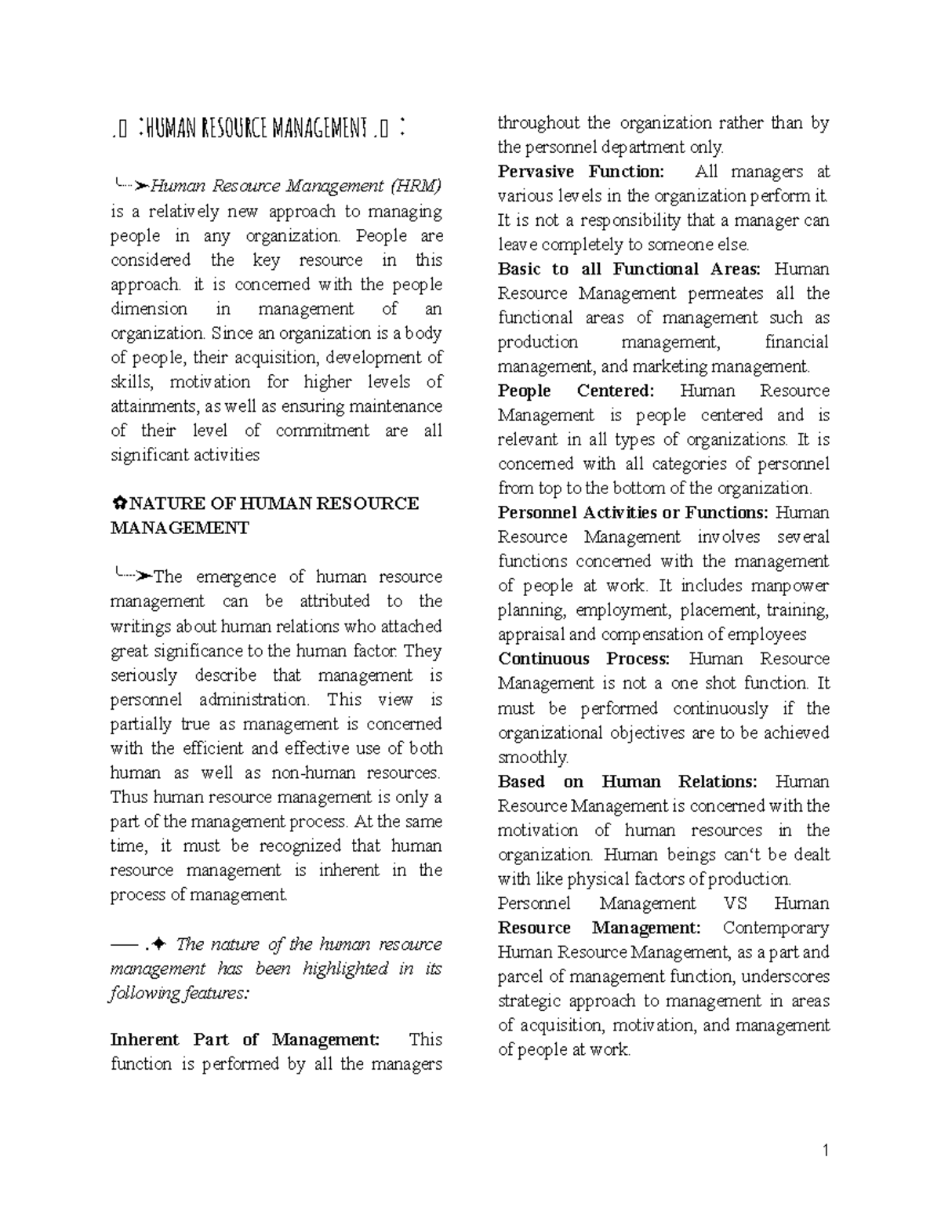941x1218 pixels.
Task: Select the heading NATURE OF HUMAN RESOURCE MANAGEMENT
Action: coord(264,515)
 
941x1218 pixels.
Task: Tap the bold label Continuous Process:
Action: coord(584,659)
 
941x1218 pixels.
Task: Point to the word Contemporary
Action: coord(776,928)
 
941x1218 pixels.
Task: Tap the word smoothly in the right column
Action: coord(533,758)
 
